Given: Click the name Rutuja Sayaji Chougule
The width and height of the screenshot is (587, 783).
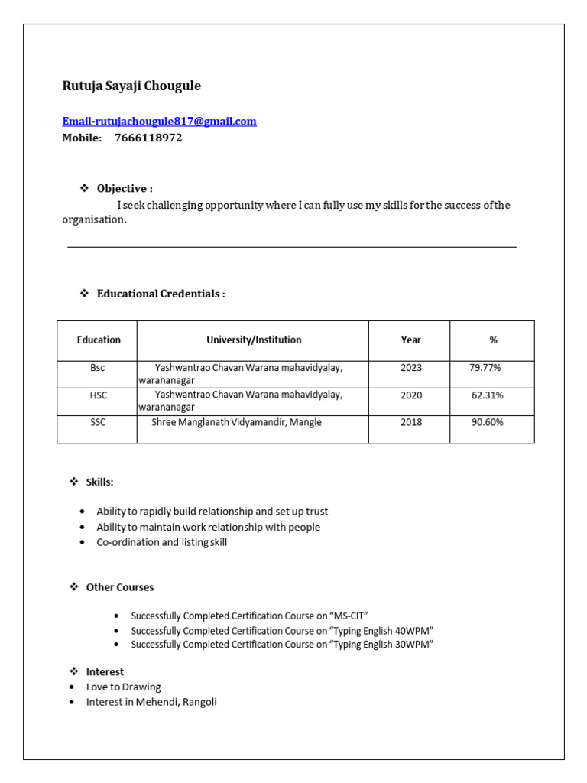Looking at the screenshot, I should click(131, 86).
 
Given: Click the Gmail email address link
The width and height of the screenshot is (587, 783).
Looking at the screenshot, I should click(159, 122).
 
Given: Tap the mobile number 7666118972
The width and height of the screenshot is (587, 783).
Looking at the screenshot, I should click(148, 138).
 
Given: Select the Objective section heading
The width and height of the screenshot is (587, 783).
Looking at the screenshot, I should click(125, 188).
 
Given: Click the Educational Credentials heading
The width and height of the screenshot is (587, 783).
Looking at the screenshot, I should click(161, 294).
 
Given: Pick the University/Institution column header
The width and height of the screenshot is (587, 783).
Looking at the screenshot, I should click(254, 340).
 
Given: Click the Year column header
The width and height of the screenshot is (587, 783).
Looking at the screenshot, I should click(410, 340).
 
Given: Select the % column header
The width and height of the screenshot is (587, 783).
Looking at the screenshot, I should click(493, 340).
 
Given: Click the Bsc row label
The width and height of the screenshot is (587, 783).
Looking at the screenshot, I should click(97, 368).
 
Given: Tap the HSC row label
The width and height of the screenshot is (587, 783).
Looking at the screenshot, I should click(98, 395).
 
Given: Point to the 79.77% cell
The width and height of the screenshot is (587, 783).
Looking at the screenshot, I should click(485, 368).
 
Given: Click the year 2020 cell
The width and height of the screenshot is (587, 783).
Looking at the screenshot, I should click(410, 395).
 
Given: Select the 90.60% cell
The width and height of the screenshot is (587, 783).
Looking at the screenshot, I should click(487, 422).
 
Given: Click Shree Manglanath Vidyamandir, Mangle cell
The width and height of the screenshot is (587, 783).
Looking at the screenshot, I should click(236, 422).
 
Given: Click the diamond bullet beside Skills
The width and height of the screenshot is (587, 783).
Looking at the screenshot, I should click(74, 482).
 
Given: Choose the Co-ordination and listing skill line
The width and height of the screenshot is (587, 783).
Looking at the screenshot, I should click(161, 542).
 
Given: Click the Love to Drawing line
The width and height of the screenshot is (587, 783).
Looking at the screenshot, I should click(123, 687).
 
